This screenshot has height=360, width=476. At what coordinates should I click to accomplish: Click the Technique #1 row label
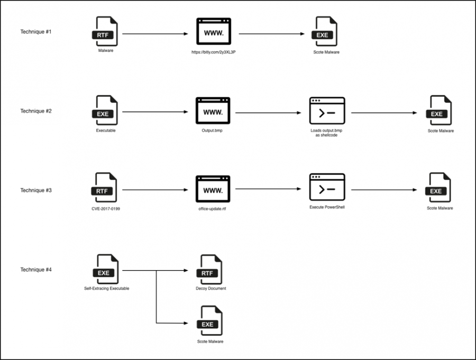coord(36,32)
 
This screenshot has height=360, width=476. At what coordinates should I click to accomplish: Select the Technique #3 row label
coord(36,190)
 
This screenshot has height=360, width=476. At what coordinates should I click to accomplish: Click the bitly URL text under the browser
coord(213,52)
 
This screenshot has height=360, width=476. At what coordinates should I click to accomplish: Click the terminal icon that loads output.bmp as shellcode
coord(327,110)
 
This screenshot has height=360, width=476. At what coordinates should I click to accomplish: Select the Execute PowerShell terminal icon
coord(327,187)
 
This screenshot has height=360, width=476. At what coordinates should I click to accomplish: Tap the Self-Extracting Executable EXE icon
coord(106,270)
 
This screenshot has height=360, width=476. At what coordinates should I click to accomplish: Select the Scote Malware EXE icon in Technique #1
coord(325,33)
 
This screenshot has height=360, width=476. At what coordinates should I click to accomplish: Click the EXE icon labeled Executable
coord(105,110)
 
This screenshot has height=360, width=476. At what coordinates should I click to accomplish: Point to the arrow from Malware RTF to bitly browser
coord(155,34)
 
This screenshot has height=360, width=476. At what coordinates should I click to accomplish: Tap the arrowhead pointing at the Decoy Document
coord(186,270)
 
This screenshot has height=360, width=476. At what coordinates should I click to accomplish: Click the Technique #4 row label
coord(36,270)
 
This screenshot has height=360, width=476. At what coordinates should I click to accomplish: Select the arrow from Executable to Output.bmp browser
coord(155,112)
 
